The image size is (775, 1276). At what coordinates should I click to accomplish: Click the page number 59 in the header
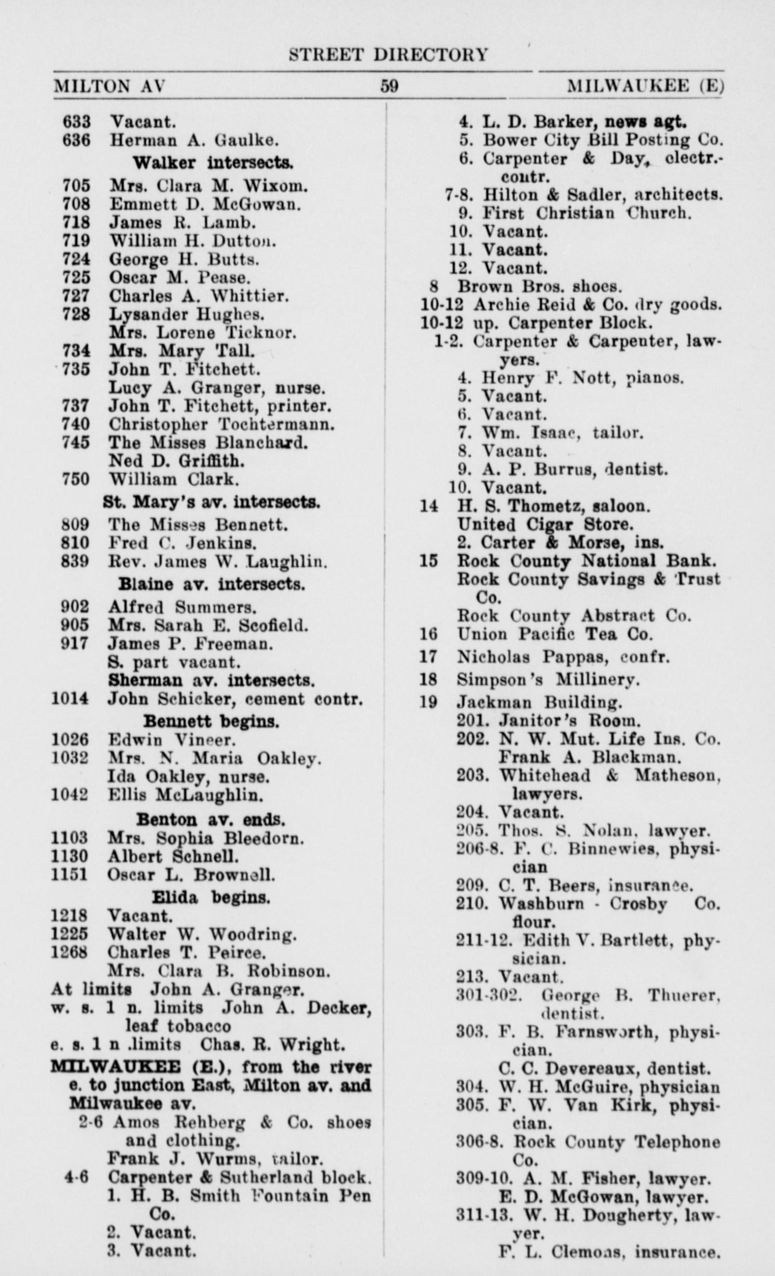[389, 85]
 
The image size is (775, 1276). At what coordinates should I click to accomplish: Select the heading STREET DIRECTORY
[388, 55]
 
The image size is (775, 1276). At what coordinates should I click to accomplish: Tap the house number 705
[76, 185]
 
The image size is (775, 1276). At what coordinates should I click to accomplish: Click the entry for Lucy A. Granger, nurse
[217, 388]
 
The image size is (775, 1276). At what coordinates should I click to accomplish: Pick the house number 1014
[70, 699]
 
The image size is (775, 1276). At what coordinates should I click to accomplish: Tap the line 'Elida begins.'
[211, 897]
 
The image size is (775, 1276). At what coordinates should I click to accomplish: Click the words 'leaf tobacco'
[178, 1026]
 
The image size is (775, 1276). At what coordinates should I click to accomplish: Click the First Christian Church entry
[587, 213]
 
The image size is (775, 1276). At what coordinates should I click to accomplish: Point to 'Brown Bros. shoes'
[539, 286]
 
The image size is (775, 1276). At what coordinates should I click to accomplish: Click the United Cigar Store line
[545, 524]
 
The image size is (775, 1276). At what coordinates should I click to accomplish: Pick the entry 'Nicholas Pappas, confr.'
[563, 657]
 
